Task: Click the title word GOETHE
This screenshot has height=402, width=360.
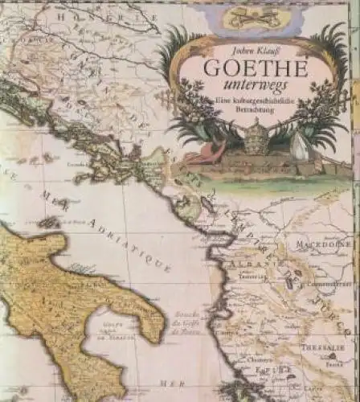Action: pos(256,68)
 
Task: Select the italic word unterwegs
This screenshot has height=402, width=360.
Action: pos(256,86)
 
